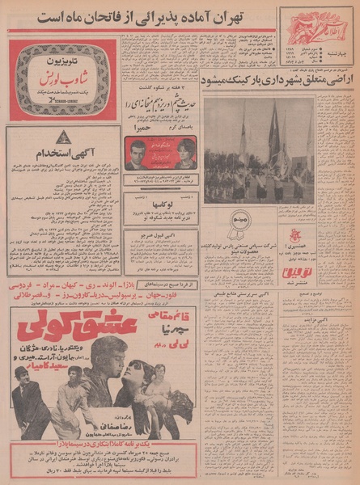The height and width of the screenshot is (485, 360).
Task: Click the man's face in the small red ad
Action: (x=138, y=150)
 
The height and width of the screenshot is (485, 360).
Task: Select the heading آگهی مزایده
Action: (x=327, y=318)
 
